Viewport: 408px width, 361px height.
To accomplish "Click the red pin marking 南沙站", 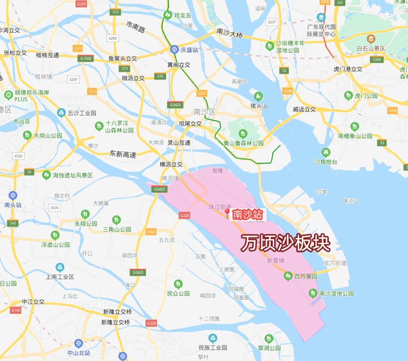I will coord(226,214).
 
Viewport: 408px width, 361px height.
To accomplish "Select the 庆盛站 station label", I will coord(189,50).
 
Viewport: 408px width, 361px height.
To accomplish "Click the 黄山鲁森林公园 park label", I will coord(243,143).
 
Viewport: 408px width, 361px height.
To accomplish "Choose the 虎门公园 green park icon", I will coord(348,95).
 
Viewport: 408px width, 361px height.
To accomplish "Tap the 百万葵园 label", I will coord(306,276).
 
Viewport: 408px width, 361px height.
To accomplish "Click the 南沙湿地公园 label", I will coord(336,293).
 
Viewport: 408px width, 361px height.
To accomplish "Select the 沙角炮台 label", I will coord(326,162).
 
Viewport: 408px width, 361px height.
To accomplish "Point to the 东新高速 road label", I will coord(123,154).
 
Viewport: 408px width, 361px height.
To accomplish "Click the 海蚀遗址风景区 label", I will coord(73,175).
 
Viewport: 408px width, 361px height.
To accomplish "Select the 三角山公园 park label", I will coord(117,229).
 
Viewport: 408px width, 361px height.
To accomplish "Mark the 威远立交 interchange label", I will coord(304,109).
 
